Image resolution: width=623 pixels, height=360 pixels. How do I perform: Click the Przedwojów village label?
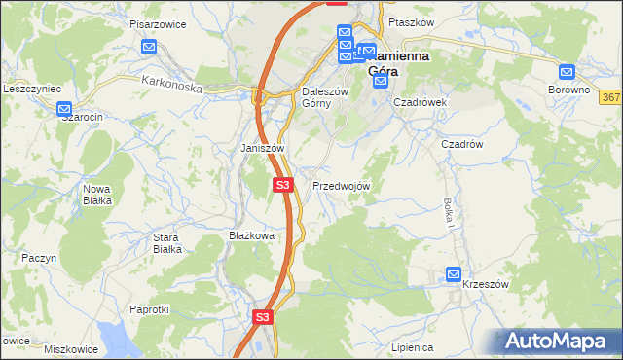point(340,186)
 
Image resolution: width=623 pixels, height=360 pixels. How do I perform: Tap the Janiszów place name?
point(262,148)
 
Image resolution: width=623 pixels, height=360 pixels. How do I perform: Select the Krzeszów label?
point(486,284)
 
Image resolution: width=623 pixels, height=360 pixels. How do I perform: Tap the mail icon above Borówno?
point(568,71)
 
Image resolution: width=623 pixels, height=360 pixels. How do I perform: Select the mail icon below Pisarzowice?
point(149,46)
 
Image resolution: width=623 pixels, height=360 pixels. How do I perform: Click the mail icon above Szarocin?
point(64,110)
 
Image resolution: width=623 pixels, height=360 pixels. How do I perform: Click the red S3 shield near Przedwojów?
point(282,184)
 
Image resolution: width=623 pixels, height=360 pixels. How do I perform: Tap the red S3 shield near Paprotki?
point(262,317)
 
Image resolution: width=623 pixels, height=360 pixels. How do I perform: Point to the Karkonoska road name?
point(170,86)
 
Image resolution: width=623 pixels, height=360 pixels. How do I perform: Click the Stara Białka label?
point(167,242)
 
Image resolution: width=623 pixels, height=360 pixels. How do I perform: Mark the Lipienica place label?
point(410,346)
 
